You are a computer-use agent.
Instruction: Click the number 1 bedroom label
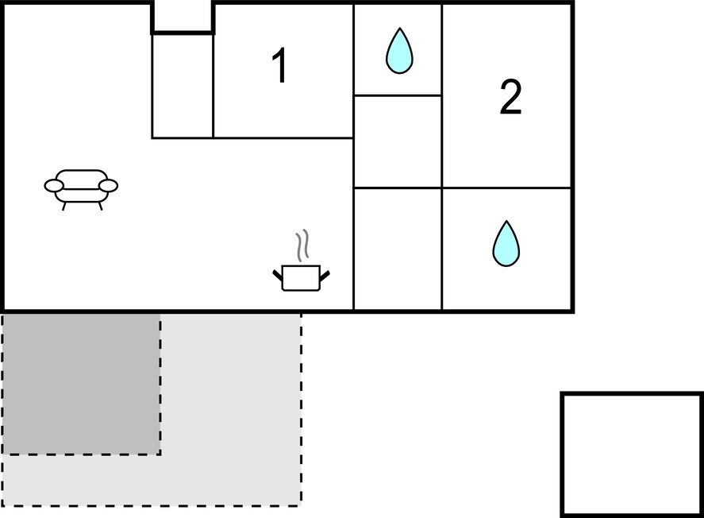point(280,66)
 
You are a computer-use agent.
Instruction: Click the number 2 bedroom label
point(510,97)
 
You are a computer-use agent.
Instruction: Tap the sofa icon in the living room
point(81,189)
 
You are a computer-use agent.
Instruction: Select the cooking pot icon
point(302,277)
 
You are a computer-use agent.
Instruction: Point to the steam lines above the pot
point(302,245)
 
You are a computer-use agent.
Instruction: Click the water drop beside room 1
point(399,50)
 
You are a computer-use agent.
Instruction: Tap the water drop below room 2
point(506,243)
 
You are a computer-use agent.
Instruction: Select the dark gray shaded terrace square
point(81,384)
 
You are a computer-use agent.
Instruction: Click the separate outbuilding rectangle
point(632,454)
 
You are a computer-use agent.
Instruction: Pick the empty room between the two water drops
point(398,141)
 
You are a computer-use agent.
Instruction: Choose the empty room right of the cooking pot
point(398,249)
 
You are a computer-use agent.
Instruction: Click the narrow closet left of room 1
point(183,86)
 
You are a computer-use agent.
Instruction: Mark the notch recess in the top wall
point(183,16)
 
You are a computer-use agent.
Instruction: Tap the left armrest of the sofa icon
point(54,186)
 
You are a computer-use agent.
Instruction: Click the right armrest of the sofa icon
point(108,186)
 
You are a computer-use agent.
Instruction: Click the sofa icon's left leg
point(64,206)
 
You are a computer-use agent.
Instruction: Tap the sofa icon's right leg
point(100,206)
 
